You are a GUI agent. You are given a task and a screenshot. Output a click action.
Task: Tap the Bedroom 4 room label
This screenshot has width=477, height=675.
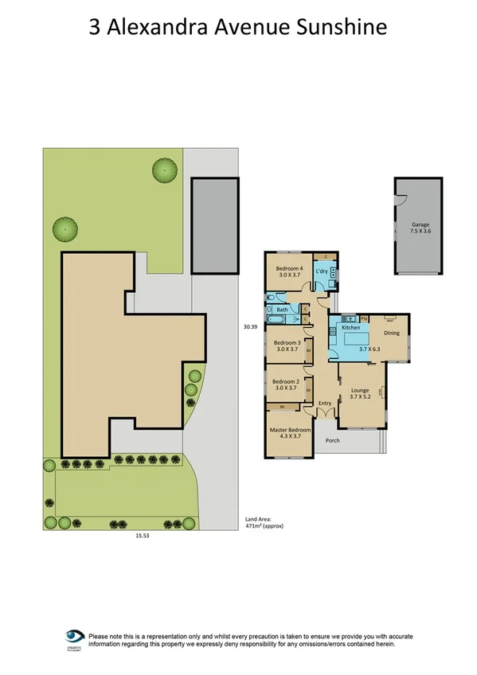[x=289, y=268]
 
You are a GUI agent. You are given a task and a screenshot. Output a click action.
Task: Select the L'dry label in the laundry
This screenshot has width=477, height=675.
[x=323, y=271]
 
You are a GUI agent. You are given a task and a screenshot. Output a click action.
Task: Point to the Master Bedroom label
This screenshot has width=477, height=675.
[x=289, y=430]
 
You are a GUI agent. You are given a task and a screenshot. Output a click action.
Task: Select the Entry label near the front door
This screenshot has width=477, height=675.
[x=325, y=404]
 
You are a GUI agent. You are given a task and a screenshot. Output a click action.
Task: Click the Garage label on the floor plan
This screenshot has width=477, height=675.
[x=420, y=225]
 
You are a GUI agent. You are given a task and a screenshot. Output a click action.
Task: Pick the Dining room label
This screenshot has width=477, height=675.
[x=392, y=333]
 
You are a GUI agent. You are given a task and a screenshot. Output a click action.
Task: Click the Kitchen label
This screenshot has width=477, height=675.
[x=351, y=327]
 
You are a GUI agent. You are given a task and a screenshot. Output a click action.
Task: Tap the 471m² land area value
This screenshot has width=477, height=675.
[x=256, y=527]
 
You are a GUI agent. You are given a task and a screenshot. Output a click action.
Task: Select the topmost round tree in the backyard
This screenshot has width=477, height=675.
[x=165, y=170]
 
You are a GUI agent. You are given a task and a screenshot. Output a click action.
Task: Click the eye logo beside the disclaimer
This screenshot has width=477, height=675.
[x=75, y=637]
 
